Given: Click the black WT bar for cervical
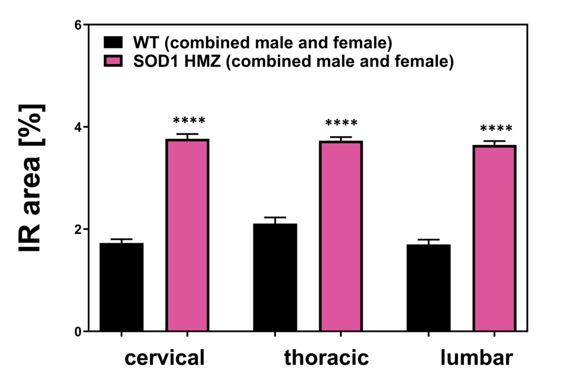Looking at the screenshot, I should pyautogui.click(x=122, y=287).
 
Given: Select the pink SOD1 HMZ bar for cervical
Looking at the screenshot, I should pyautogui.click(x=187, y=235).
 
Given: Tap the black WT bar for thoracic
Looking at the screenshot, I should pyautogui.click(x=275, y=278).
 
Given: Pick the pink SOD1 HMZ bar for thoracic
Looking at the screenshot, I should pyautogui.click(x=341, y=237).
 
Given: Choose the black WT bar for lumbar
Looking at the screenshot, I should pyautogui.click(x=428, y=288).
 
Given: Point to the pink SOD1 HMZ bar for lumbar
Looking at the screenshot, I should pyautogui.click(x=494, y=239).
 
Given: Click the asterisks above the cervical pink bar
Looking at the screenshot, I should pyautogui.click(x=189, y=121).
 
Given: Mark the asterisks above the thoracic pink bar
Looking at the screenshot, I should pyautogui.click(x=341, y=123).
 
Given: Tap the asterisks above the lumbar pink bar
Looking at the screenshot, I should pyautogui.click(x=496, y=129).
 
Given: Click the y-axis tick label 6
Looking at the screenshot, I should pyautogui.click(x=78, y=25).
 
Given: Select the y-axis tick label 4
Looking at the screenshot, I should pyautogui.click(x=78, y=127).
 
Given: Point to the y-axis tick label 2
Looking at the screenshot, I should pyautogui.click(x=78, y=229).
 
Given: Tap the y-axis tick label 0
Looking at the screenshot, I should pyautogui.click(x=78, y=331).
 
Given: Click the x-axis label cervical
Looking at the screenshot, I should pyautogui.click(x=165, y=358).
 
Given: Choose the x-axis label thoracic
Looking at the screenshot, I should pyautogui.click(x=326, y=358).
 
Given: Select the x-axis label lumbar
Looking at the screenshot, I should pyautogui.click(x=476, y=358).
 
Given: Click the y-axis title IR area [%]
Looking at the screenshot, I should pyautogui.click(x=32, y=178).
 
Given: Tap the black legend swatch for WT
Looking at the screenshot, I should pyautogui.click(x=113, y=43).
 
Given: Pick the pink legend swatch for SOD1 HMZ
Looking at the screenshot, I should pyautogui.click(x=113, y=61).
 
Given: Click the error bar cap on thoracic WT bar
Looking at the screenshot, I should pyautogui.click(x=275, y=218).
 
